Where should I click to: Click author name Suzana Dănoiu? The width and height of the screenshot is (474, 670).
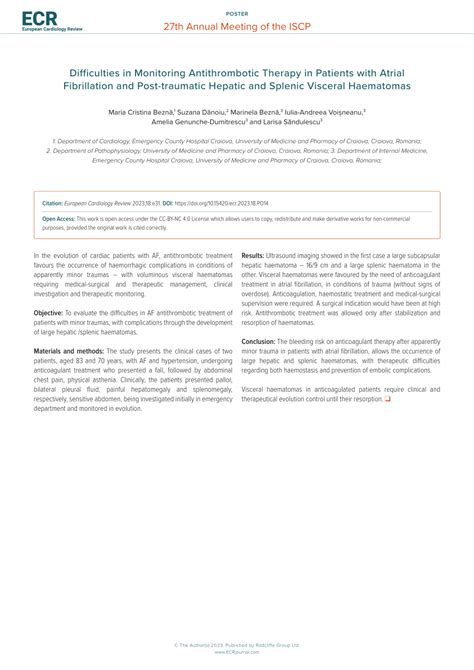[x=203, y=113]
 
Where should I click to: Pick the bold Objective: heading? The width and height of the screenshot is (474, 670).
[x=51, y=313]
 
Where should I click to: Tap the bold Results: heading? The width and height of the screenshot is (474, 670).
[x=253, y=256]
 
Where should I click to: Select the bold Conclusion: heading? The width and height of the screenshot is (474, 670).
[x=259, y=342]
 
